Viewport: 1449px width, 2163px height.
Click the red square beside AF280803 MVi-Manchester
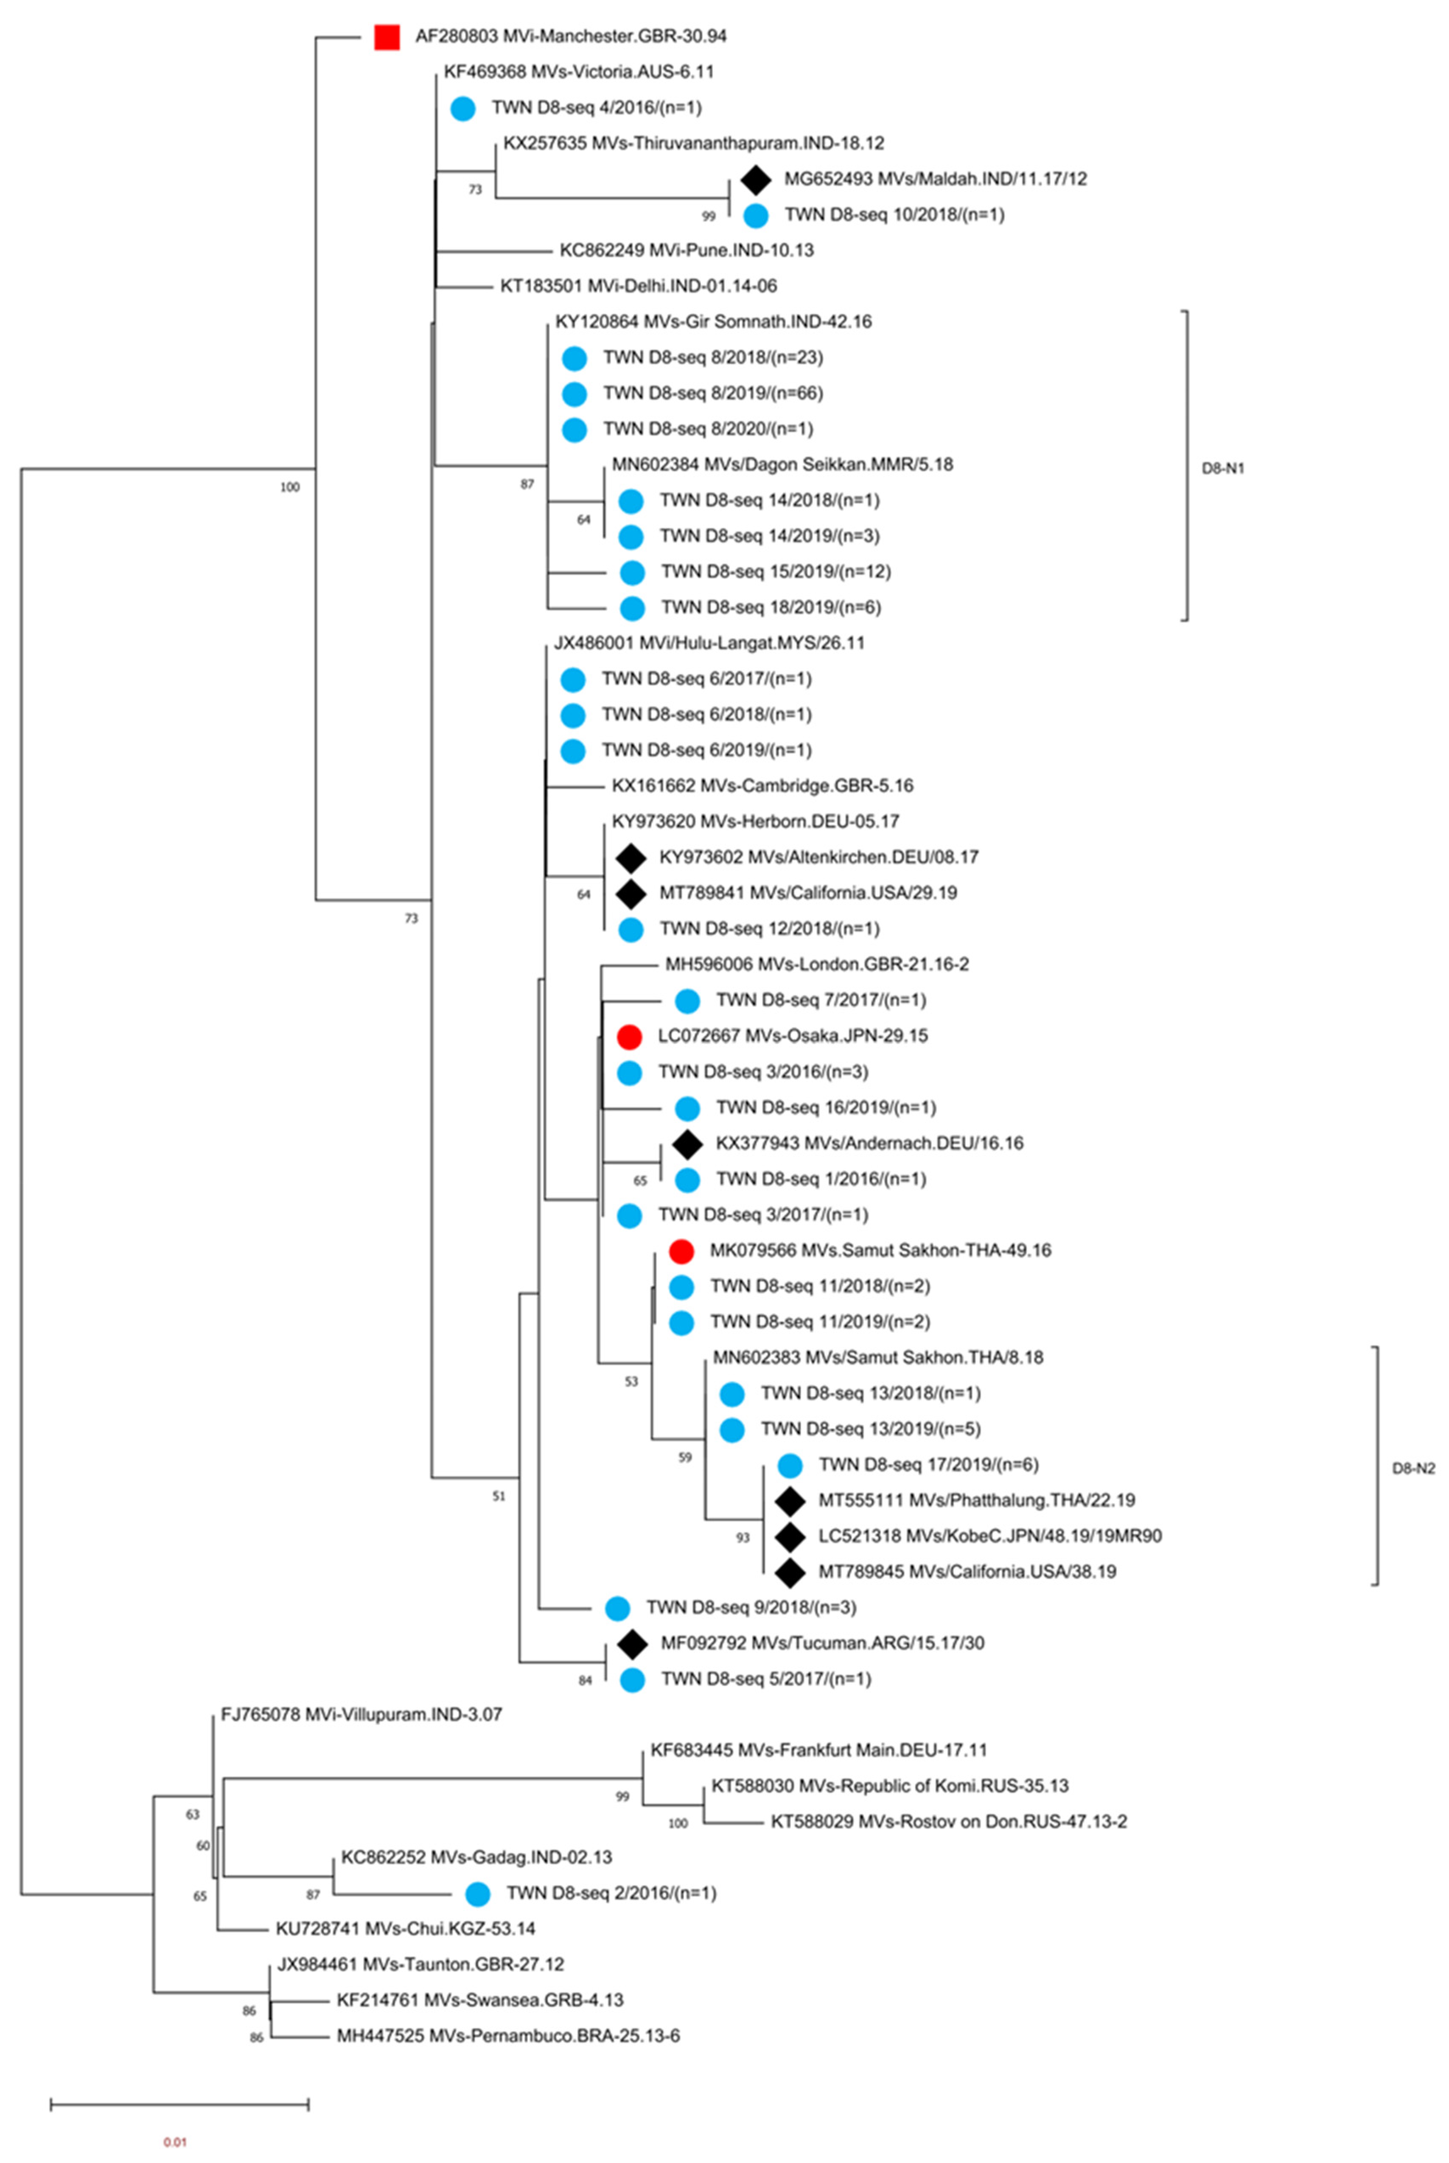386,37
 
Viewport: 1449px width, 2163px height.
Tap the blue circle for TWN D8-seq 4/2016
463,108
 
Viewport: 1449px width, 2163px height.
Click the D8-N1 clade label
1222,469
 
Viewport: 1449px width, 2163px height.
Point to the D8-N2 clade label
1413,1468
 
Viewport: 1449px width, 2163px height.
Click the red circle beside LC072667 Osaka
629,1036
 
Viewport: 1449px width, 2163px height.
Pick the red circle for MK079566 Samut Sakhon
681,1251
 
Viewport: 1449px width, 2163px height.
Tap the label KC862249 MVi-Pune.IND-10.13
687,250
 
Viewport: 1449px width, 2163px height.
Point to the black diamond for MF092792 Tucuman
632,1643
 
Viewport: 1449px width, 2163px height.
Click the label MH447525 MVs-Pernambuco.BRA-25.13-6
508,2036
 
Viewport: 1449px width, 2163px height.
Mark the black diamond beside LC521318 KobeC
789,1536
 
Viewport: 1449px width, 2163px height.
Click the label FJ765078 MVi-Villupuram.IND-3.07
362,1715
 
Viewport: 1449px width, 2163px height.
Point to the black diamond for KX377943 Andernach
687,1143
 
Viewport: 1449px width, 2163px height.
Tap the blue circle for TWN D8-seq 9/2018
617,1609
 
